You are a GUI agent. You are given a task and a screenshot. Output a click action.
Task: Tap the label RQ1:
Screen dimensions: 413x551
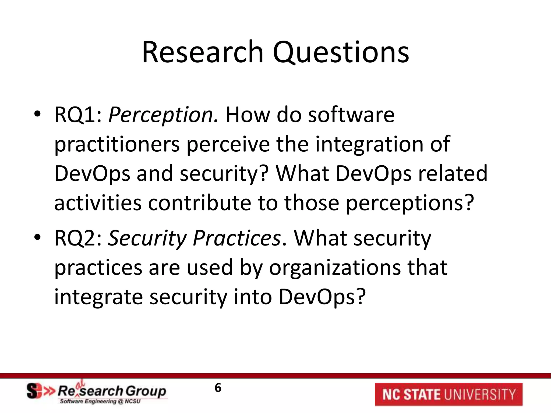(x=78, y=115)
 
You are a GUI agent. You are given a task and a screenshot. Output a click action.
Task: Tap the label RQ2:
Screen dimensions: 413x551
(x=78, y=238)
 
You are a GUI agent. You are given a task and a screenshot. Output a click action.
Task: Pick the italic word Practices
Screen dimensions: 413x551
(x=237, y=238)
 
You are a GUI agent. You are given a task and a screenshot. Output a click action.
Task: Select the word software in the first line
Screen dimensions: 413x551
(x=351, y=115)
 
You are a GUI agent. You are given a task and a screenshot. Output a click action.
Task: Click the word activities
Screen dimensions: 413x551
(x=98, y=203)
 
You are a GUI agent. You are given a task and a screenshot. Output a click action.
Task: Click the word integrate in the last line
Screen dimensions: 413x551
(x=98, y=297)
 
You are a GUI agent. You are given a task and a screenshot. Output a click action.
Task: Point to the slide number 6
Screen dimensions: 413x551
(x=218, y=388)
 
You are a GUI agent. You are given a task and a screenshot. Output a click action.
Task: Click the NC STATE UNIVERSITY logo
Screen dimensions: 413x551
(x=448, y=394)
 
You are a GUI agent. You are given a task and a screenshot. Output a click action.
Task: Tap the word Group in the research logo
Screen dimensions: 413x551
(x=146, y=391)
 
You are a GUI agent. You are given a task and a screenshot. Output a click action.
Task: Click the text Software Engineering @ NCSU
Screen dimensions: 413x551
(x=100, y=401)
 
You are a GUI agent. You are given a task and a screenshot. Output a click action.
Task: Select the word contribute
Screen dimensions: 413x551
(x=199, y=203)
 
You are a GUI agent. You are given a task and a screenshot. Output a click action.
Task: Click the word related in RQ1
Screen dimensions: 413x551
(x=453, y=174)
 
